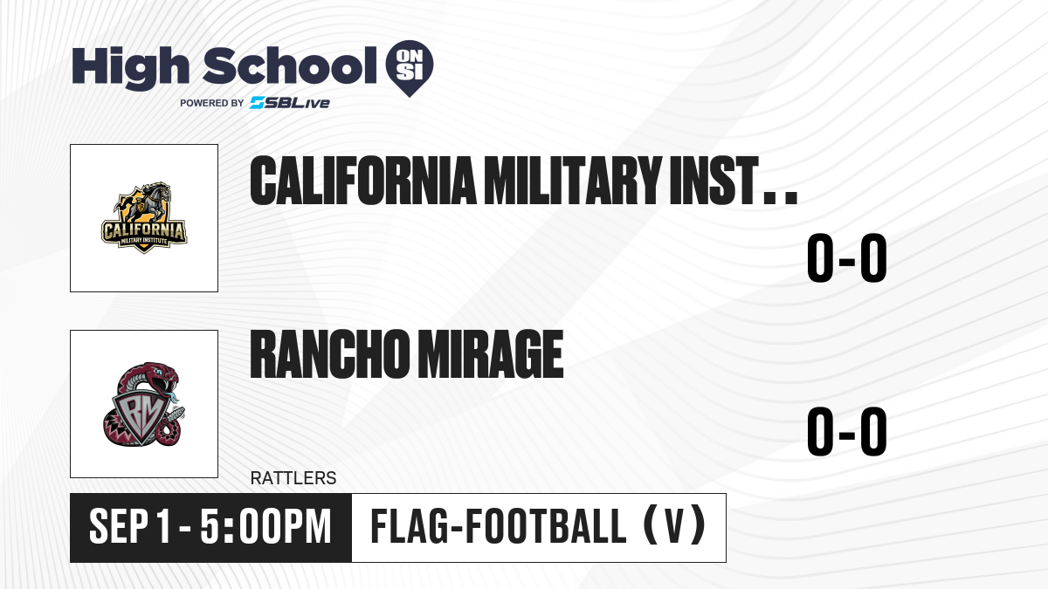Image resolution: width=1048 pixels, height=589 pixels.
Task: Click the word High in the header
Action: pyautogui.click(x=130, y=68)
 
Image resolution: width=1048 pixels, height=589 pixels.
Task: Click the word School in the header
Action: pyautogui.click(x=290, y=65)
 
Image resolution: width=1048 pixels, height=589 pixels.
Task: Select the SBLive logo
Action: pyautogui.click(x=290, y=103)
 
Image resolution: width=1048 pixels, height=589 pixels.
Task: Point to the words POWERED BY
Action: pyautogui.click(x=212, y=103)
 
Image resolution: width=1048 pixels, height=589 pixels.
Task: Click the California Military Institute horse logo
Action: pyautogui.click(x=144, y=218)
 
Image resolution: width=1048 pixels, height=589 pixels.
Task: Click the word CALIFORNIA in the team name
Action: pyautogui.click(x=363, y=181)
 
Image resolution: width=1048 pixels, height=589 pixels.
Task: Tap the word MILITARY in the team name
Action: pyautogui.click(x=573, y=181)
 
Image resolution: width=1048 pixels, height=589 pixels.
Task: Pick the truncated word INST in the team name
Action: pyautogui.click(x=714, y=181)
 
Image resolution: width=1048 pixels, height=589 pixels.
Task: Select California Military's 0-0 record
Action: pyautogui.click(x=847, y=258)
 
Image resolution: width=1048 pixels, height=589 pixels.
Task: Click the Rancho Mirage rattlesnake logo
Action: pyautogui.click(x=144, y=404)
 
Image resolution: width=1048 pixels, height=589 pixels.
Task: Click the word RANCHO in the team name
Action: pyautogui.click(x=329, y=354)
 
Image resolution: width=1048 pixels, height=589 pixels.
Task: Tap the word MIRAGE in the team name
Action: pyautogui.click(x=490, y=354)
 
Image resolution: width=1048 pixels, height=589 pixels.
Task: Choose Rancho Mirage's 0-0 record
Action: pyautogui.click(x=847, y=431)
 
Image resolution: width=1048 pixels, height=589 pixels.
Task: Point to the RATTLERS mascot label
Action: pyautogui.click(x=293, y=478)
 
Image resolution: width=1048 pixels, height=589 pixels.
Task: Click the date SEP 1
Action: pyautogui.click(x=129, y=527)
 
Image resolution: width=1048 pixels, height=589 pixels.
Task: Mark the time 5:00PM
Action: pyautogui.click(x=265, y=527)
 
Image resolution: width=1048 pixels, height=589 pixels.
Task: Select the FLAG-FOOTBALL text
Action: pyautogui.click(x=499, y=525)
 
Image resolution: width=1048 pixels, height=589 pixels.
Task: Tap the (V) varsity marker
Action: pyautogui.click(x=674, y=525)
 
